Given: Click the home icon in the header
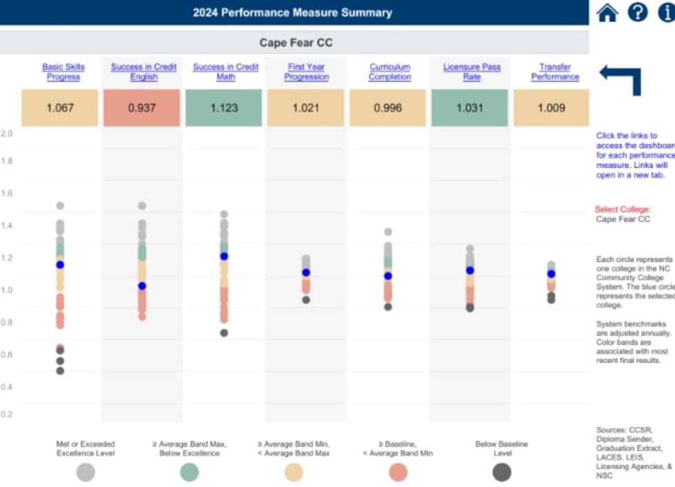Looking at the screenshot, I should [x=607, y=12].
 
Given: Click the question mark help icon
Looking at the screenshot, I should [x=638, y=12].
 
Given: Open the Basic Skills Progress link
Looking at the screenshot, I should [x=63, y=72].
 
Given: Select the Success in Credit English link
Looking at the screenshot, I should [x=143, y=72].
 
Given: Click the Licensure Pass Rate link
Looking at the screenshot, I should [x=472, y=72].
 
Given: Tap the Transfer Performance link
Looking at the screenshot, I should [x=554, y=72].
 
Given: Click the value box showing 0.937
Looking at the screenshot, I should [x=142, y=108].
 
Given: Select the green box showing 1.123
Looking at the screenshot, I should [x=224, y=108].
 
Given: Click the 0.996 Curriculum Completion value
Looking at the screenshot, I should [x=388, y=108].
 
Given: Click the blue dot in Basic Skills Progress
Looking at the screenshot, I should [x=60, y=265].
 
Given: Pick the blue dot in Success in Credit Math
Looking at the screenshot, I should [x=224, y=256].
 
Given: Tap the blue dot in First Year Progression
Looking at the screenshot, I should [x=306, y=272].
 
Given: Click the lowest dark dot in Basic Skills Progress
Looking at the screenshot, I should [x=60, y=371].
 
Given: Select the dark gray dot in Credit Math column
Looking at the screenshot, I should [x=224, y=333].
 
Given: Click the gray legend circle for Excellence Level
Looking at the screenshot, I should [x=85, y=472].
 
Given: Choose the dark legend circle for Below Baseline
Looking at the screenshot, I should [x=502, y=472].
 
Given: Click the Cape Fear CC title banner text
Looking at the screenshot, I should [x=295, y=43].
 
